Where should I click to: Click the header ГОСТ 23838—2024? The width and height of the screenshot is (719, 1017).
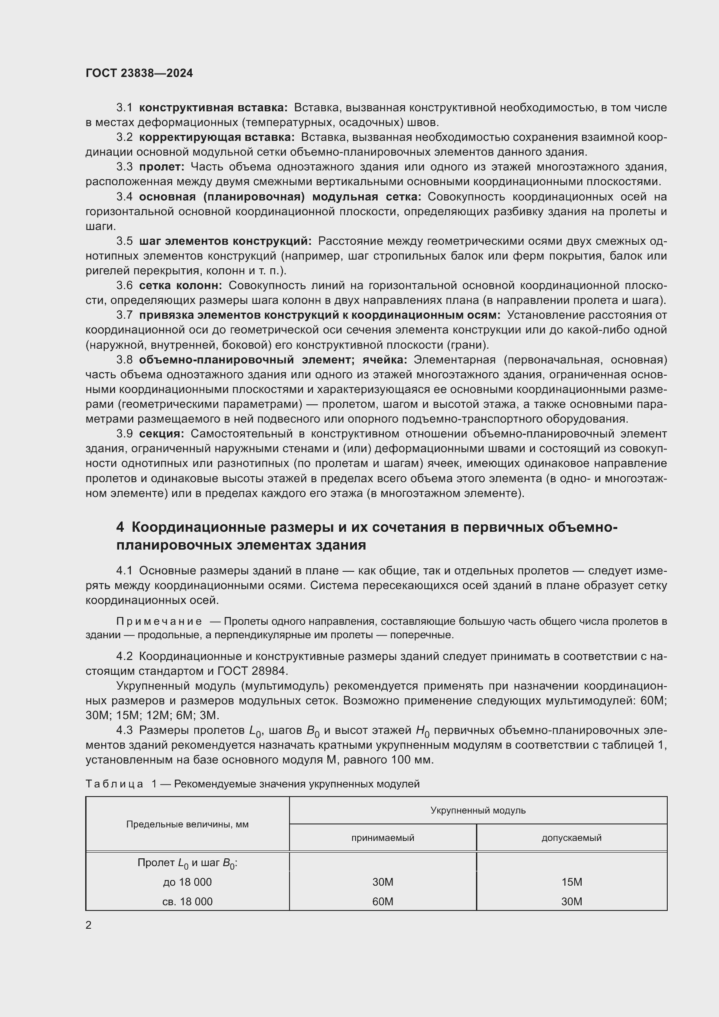click(x=139, y=73)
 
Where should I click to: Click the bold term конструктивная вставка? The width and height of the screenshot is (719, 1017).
click(x=213, y=108)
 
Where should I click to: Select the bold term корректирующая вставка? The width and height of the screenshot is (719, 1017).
click(x=216, y=137)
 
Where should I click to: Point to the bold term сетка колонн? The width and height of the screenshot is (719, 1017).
click(x=180, y=286)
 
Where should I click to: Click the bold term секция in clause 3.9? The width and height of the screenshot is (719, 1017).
click(x=161, y=433)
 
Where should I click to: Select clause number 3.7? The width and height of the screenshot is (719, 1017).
click(x=124, y=315)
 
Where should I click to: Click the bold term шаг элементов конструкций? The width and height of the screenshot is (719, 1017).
click(x=225, y=241)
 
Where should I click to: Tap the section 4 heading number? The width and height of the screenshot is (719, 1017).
click(x=120, y=527)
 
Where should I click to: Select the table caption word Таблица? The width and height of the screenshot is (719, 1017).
click(x=114, y=784)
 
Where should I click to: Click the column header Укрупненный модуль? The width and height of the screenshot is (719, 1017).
click(x=478, y=810)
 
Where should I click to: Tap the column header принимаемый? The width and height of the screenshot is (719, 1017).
click(x=383, y=837)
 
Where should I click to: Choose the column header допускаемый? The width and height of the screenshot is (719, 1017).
click(x=571, y=837)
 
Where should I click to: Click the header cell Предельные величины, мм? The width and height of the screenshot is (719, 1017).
click(x=187, y=824)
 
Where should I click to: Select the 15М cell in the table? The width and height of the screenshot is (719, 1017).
click(x=571, y=882)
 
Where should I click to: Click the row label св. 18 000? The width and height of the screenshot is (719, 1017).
click(x=187, y=901)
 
